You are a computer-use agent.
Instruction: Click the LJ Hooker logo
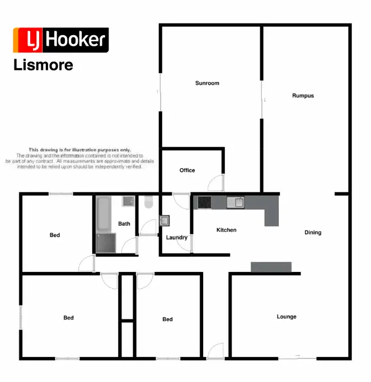(60, 40)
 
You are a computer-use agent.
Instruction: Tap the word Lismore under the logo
(43, 65)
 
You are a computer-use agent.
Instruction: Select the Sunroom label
(207, 83)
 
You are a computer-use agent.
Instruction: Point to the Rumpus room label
(303, 95)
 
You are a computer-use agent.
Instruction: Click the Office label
(187, 170)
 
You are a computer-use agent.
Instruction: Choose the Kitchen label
(226, 230)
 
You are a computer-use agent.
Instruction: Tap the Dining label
(313, 232)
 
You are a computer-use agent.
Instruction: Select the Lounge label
(287, 317)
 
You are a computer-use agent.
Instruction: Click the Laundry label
(177, 237)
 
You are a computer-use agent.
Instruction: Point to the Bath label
(124, 224)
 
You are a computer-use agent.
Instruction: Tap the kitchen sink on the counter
(236, 203)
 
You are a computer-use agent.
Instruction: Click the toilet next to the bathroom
(148, 202)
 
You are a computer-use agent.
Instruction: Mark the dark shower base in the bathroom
(106, 243)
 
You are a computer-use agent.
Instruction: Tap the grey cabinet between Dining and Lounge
(271, 267)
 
